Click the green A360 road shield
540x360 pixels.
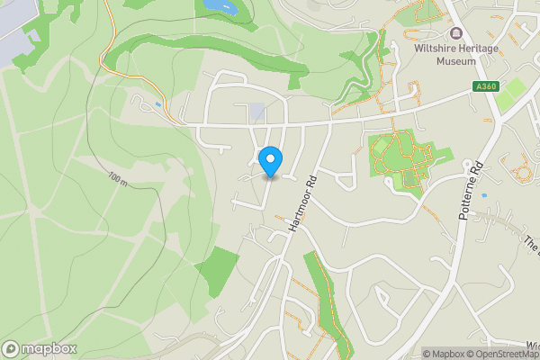(x=484, y=86)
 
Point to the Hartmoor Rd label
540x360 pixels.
(x=304, y=205)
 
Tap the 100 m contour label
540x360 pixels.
(x=117, y=178)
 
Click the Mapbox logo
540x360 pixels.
(x=40, y=348)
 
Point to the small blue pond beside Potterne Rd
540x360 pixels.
(x=483, y=194)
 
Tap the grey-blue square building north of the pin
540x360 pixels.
(x=257, y=112)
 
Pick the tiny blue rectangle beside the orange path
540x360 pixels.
(x=158, y=104)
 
